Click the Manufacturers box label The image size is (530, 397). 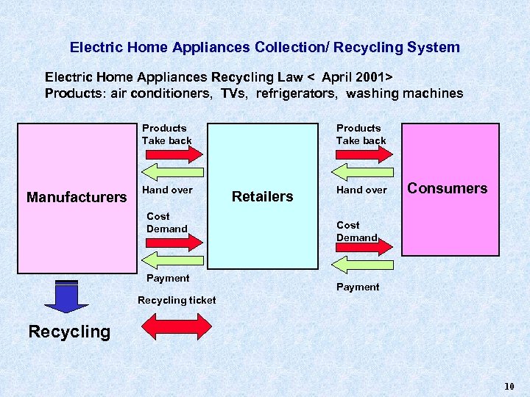(77, 197)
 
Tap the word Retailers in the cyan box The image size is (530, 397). (262, 196)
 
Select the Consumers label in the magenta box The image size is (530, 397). (447, 188)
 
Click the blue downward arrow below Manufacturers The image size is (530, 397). (66, 297)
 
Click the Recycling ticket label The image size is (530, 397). (177, 300)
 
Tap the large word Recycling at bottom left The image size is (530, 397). (69, 332)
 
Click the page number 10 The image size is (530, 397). (509, 387)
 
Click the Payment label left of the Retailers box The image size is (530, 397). (168, 278)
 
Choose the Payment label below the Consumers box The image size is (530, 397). (358, 287)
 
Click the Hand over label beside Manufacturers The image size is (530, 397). (167, 190)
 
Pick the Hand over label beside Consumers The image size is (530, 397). (361, 190)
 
